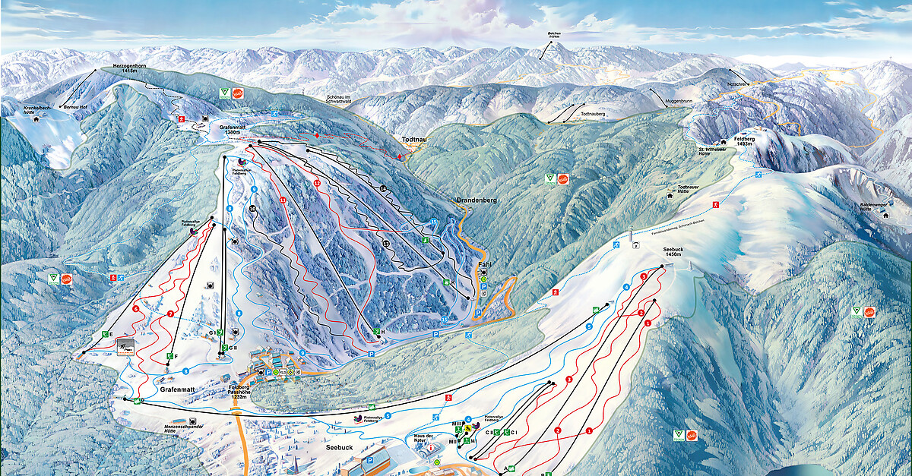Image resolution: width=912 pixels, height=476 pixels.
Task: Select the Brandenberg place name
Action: coord(476,200)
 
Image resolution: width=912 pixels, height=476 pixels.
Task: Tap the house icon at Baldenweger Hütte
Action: coord(885,214)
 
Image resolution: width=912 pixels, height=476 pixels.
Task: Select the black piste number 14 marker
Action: coord(383,188)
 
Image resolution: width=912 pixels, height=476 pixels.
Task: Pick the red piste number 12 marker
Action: coord(317,184)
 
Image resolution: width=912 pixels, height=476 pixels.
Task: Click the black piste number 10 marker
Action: coord(252,208)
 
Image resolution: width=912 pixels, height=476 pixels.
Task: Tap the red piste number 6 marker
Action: coord(135,309)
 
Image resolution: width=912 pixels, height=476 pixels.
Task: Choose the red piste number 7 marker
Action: coord(170,314)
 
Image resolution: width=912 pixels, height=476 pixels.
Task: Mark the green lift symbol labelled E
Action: coord(105,334)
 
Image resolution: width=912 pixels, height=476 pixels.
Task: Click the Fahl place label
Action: coord(484,265)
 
